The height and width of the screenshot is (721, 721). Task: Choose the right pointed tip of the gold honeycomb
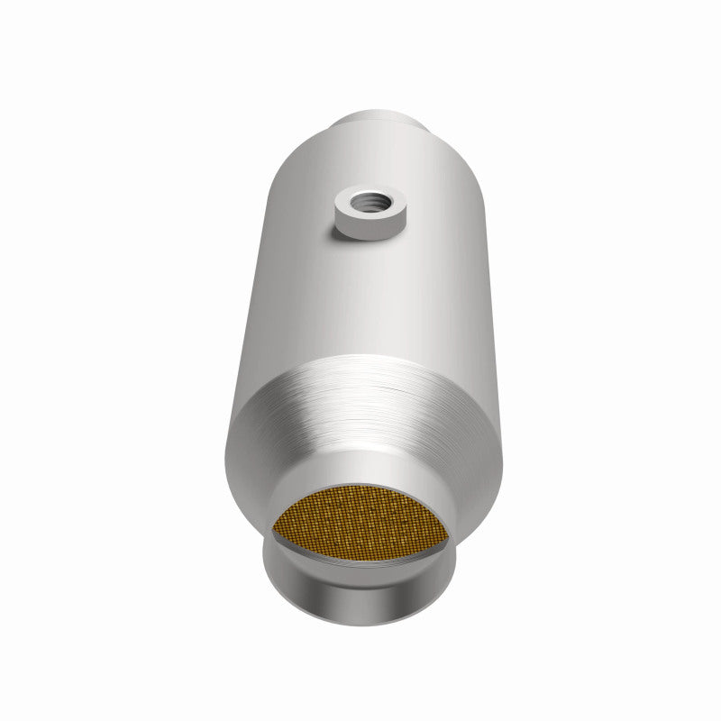[x=448, y=532]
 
